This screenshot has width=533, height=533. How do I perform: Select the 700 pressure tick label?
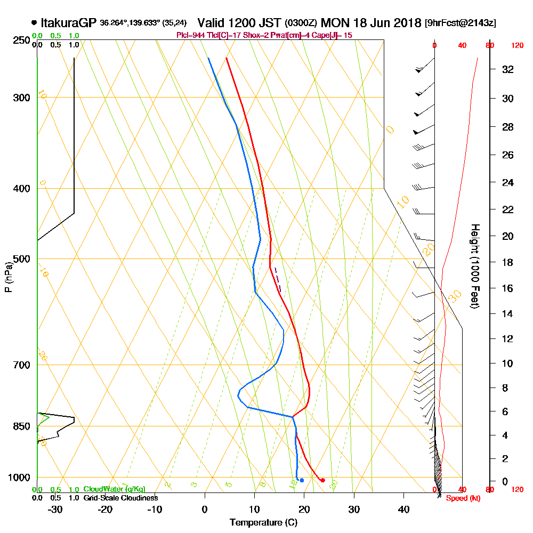[x=20, y=365]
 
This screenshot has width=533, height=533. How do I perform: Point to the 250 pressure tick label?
[x=20, y=41]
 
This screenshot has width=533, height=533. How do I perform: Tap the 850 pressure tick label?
[x=20, y=426]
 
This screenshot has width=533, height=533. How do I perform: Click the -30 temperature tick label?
[x=55, y=510]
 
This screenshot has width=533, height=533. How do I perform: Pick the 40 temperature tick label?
[x=403, y=510]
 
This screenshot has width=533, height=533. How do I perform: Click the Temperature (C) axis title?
[x=263, y=523]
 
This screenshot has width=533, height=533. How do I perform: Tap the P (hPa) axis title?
[x=8, y=277]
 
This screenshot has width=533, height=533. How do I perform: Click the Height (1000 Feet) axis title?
[x=474, y=266]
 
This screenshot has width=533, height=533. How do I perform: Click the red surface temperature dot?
[x=322, y=480]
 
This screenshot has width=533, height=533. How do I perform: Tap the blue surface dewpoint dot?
[x=302, y=480]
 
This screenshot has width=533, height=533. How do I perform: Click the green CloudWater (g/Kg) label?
[x=114, y=489]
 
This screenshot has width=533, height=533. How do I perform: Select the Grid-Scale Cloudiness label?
[x=120, y=498]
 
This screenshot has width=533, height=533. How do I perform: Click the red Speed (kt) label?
[x=461, y=498]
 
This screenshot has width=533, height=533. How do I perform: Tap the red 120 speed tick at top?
[x=516, y=45]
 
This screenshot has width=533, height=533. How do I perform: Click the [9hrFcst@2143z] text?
[x=460, y=23]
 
